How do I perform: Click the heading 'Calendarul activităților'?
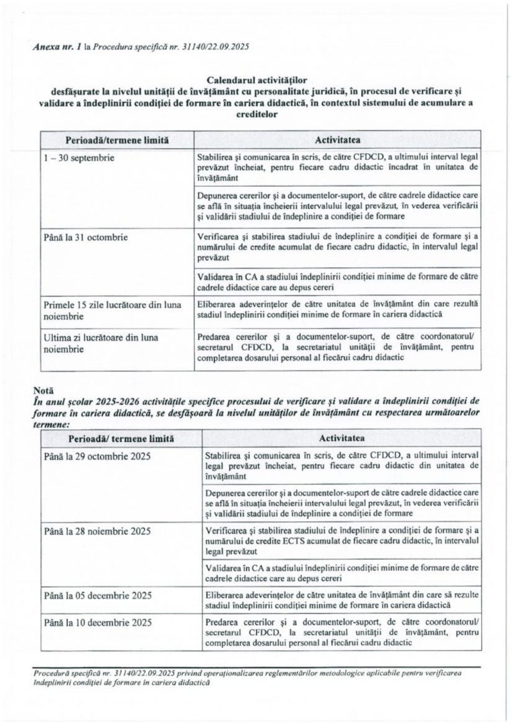tap(255, 79)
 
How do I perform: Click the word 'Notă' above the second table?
tap(42, 388)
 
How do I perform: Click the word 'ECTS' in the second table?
tap(304, 541)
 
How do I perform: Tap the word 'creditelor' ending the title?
tap(255, 114)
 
